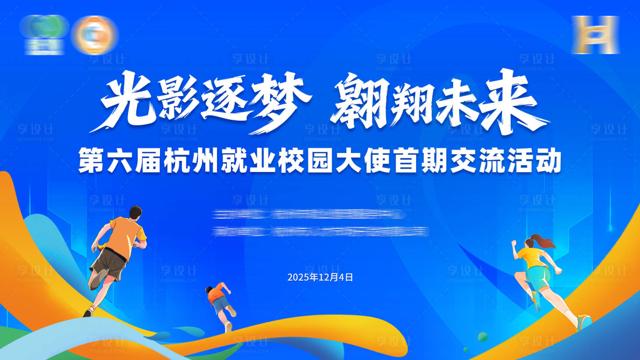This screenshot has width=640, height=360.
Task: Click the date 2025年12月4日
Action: click(x=320, y=278)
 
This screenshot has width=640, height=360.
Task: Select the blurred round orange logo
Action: click(x=95, y=35)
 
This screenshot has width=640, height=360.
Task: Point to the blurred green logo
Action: click(x=44, y=35)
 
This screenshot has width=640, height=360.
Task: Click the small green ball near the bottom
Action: click(x=482, y=337)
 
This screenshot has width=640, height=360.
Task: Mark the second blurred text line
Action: click(x=320, y=231)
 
